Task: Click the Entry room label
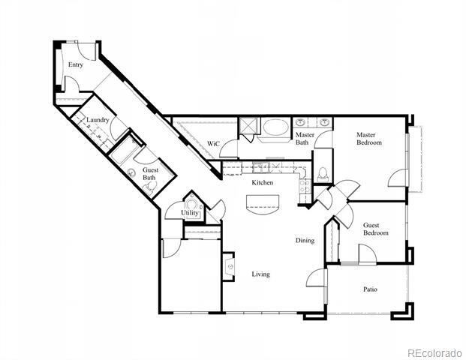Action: click(x=75, y=65)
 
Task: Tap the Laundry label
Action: click(x=98, y=120)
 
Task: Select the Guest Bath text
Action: click(x=150, y=174)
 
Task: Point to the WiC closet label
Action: click(x=212, y=143)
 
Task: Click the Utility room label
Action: click(x=191, y=213)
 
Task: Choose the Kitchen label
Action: click(x=262, y=183)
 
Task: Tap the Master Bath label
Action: click(x=304, y=138)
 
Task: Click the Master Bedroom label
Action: click(x=368, y=138)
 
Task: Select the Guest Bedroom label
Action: click(x=376, y=229)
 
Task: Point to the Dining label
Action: click(x=304, y=241)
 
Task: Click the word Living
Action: click(x=260, y=274)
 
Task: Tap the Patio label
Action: click(x=370, y=289)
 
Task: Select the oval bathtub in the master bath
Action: click(x=274, y=129)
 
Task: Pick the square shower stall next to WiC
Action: click(x=248, y=126)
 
